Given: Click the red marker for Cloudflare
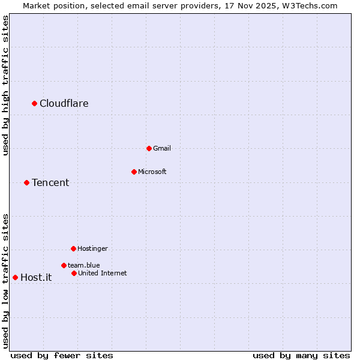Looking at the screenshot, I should tap(35, 104).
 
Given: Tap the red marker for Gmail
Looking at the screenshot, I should tap(149, 148).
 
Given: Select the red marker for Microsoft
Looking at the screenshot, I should tap(134, 172).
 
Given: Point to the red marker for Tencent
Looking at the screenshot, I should tap(27, 183).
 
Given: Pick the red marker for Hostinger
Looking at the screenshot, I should tap(74, 248).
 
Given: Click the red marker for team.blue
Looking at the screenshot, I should tap(64, 265).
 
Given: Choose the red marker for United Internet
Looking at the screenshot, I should tap(74, 274).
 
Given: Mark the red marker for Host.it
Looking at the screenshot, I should tap(16, 278).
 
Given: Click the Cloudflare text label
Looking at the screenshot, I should tap(64, 104).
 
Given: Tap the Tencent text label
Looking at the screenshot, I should tap(50, 183).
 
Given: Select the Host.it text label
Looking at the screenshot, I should tap(36, 278).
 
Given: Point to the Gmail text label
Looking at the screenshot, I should tap(162, 148).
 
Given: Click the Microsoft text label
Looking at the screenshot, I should tap(152, 172).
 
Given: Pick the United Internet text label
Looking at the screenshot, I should tap(103, 274).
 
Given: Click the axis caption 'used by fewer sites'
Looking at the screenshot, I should tap(62, 355).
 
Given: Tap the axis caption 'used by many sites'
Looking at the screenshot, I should tap(301, 355).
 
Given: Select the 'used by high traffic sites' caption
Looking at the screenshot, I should tap(6, 86).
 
